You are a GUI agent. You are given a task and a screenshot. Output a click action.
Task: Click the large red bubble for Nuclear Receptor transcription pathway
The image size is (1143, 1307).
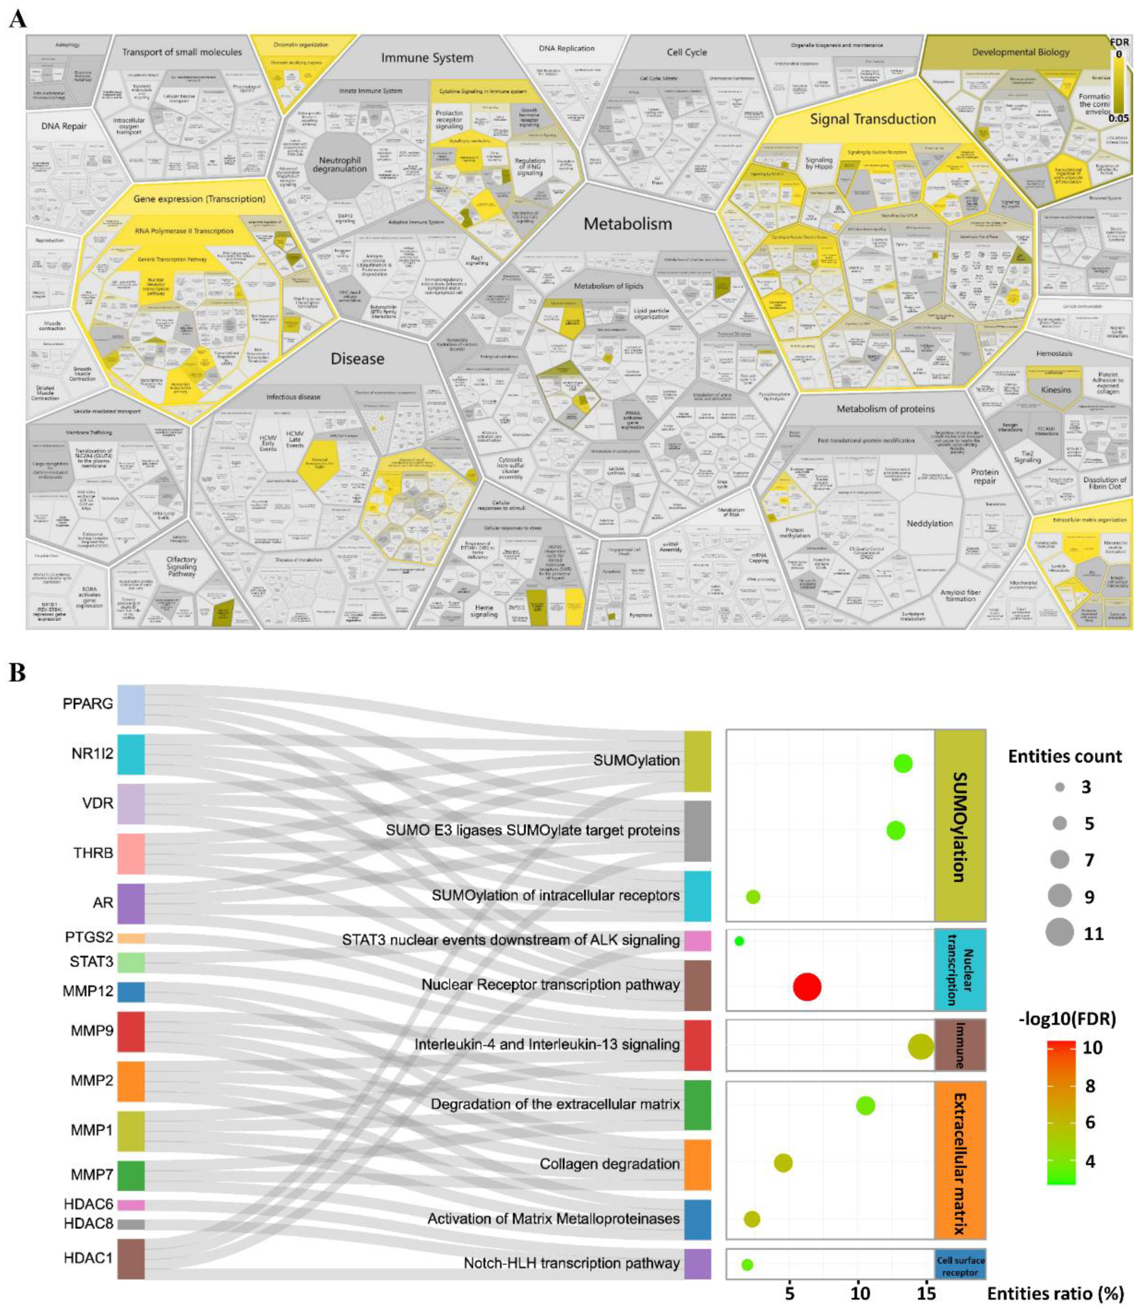(x=807, y=987)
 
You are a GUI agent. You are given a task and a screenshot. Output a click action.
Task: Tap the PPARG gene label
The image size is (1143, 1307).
(x=87, y=704)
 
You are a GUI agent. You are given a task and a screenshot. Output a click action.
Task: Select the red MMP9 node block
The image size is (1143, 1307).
(x=131, y=1031)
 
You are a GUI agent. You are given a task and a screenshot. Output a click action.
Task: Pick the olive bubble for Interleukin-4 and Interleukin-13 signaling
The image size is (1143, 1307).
(x=920, y=1047)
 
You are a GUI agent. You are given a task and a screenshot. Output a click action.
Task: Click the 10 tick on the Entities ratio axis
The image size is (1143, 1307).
(x=860, y=1293)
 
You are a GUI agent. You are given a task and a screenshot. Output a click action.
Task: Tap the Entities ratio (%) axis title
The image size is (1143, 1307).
(x=1055, y=1293)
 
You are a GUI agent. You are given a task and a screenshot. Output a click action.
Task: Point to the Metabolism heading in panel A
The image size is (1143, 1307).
(x=627, y=224)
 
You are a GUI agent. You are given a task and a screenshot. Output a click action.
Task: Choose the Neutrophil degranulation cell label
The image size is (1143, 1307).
(x=339, y=164)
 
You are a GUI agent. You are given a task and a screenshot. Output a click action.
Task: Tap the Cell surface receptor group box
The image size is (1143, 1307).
(x=960, y=1266)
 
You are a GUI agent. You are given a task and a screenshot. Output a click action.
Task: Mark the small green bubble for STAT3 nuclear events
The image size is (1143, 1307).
(x=739, y=941)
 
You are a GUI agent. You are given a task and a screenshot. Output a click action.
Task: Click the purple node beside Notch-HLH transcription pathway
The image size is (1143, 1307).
(x=697, y=1263)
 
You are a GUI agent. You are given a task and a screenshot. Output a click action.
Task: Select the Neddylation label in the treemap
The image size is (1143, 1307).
(x=929, y=523)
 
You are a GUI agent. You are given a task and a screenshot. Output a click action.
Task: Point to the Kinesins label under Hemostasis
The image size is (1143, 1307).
(x=1056, y=390)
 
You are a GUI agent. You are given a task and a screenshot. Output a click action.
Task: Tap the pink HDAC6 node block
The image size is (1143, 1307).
(x=131, y=1205)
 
